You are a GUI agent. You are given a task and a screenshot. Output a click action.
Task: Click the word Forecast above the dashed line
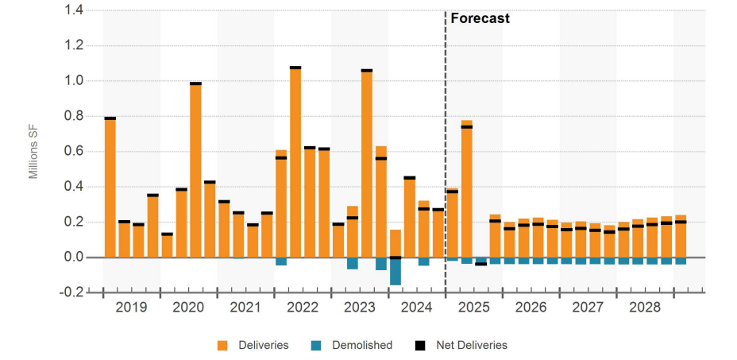(480, 18)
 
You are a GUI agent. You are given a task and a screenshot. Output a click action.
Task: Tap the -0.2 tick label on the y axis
(74, 292)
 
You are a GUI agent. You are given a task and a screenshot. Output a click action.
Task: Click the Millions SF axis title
(33, 152)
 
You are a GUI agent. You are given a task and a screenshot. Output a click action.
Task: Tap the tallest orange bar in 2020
(195, 170)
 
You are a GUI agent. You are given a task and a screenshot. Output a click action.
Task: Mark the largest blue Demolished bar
(396, 271)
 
